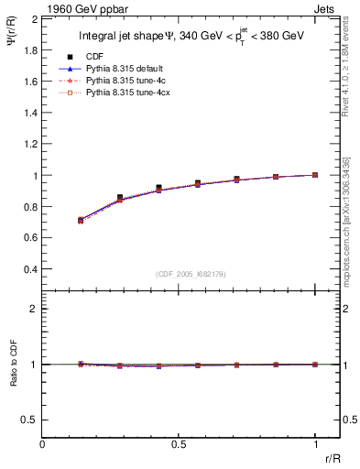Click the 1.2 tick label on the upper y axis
click(30, 144)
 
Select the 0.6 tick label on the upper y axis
click(30, 238)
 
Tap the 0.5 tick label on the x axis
click(179, 444)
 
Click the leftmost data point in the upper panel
click(81, 220)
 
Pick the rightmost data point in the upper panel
click(315, 175)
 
